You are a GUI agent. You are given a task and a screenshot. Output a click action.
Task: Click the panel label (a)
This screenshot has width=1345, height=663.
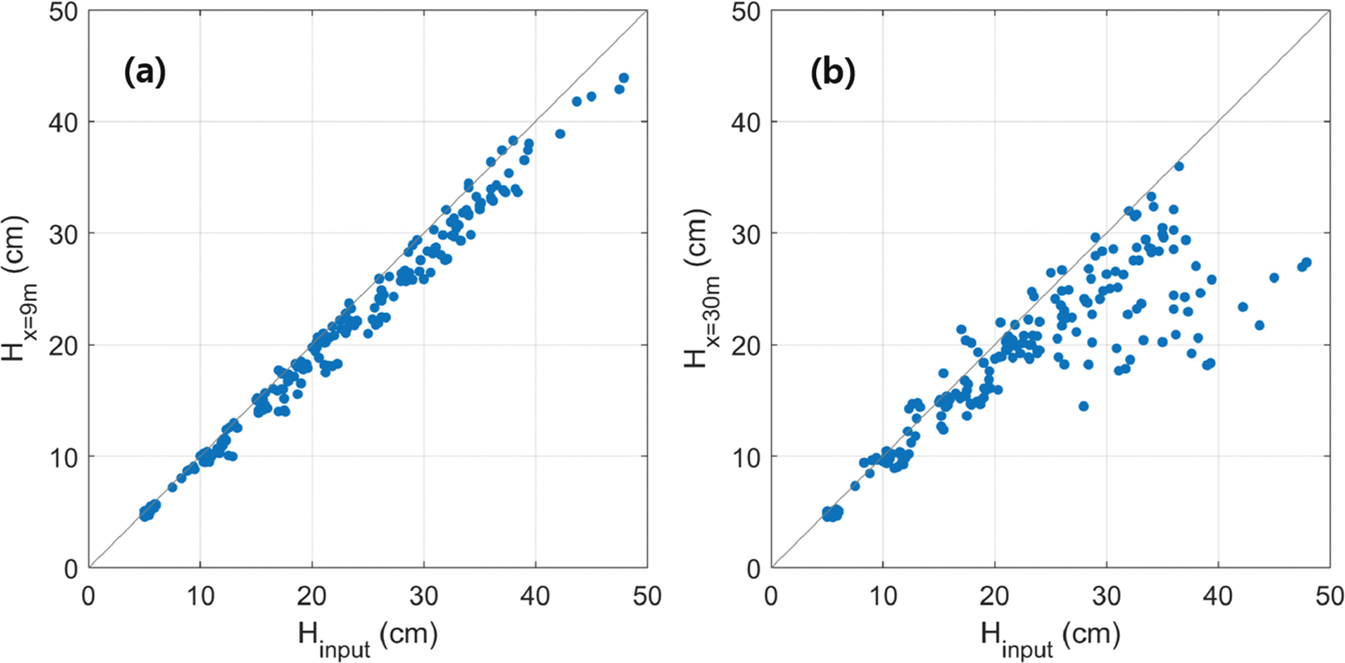pos(145,72)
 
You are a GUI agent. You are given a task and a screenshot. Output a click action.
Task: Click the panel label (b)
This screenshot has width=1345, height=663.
pos(833,72)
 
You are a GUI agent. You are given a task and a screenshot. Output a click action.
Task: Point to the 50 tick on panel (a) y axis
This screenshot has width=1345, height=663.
pos(63,12)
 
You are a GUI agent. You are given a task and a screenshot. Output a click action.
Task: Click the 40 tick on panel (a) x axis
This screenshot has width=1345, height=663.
pos(535,596)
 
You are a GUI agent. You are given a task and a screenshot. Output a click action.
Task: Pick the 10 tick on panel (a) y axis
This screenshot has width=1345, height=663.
pos(63,458)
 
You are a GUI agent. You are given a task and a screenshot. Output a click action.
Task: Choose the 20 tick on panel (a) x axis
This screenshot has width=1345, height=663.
pos(312,596)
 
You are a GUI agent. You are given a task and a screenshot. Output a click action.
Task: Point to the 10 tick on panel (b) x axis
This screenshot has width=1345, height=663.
pos(883,596)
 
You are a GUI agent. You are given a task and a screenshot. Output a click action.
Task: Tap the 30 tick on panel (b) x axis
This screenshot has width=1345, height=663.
pos(1106,596)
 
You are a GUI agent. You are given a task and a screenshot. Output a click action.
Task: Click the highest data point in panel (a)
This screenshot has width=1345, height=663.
pos(623,78)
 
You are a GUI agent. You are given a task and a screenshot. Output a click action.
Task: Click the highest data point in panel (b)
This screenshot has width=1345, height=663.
pos(1179,166)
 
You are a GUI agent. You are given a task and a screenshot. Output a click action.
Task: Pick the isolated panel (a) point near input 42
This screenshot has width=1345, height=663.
pos(560,134)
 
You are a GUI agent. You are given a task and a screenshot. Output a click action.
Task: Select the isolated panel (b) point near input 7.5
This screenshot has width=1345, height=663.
pos(855,485)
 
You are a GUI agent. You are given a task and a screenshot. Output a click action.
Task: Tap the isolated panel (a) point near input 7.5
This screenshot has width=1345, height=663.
pos(172,487)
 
